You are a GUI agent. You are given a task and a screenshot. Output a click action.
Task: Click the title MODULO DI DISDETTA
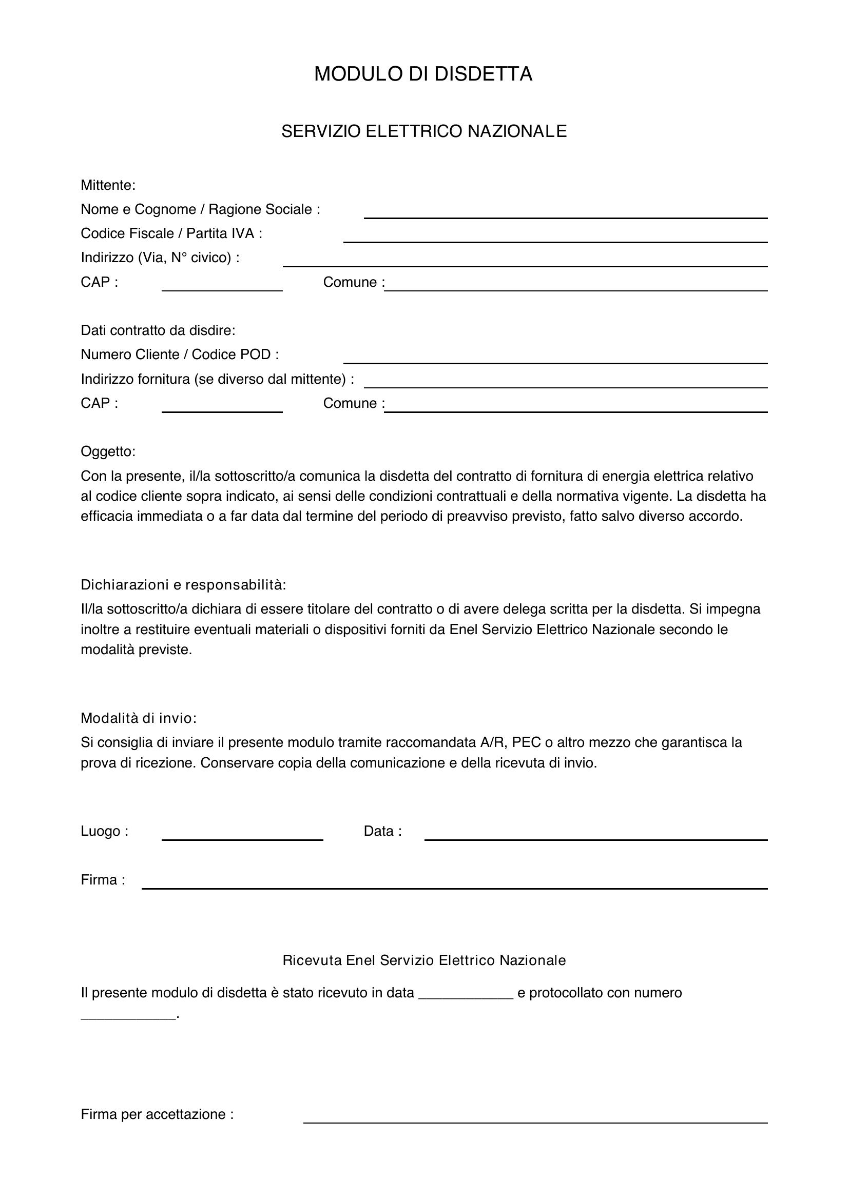423,74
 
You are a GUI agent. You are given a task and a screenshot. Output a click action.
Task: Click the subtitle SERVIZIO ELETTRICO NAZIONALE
424,131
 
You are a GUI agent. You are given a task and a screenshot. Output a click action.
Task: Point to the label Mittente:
108,185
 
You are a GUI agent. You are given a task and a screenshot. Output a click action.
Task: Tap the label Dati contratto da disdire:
158,330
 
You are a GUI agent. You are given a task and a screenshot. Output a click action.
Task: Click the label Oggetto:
108,451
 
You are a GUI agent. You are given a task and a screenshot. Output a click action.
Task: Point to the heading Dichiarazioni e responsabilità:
183,585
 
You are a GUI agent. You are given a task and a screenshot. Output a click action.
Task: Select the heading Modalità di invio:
139,718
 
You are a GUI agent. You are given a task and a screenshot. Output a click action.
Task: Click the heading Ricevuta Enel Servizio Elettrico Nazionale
424,960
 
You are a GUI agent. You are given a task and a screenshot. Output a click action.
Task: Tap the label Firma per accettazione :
157,1114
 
